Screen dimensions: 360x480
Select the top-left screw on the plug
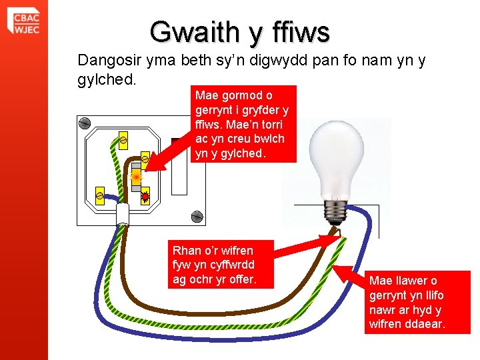click(85, 123)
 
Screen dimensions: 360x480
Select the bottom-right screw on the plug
click(197, 216)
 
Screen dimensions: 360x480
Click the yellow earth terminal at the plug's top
click(123, 139)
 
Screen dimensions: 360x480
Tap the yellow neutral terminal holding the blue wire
click(99, 195)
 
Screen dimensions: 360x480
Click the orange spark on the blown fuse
click(136, 177)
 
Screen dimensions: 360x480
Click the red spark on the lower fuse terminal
click(145, 196)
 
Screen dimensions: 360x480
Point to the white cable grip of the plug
click(123, 214)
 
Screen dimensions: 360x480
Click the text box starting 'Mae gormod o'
click(242, 125)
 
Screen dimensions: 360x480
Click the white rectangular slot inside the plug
click(179, 167)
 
